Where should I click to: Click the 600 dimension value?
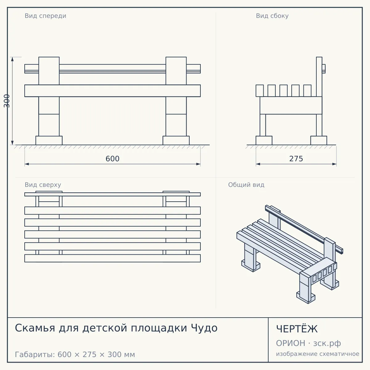[112, 159]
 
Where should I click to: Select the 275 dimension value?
[296, 159]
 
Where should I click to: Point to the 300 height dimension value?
[7, 101]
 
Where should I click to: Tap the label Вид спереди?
[46, 16]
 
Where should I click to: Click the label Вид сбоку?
[272, 16]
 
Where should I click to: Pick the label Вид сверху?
[43, 185]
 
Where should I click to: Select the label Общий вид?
[246, 185]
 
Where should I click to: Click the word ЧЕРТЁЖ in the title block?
[297, 329]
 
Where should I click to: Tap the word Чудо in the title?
[204, 328]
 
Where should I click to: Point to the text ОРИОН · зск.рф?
[308, 343]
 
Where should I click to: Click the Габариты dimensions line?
[75, 355]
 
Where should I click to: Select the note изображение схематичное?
[318, 354]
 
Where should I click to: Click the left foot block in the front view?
[49, 140]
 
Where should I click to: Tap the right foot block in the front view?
[176, 140]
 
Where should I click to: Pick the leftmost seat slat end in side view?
[260, 91]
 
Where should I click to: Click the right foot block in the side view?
[319, 140]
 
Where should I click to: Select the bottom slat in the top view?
[113, 258]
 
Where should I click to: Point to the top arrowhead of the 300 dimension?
[12, 59]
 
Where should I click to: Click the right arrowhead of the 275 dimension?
[334, 164]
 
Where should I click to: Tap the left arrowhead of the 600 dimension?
[27, 164]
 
